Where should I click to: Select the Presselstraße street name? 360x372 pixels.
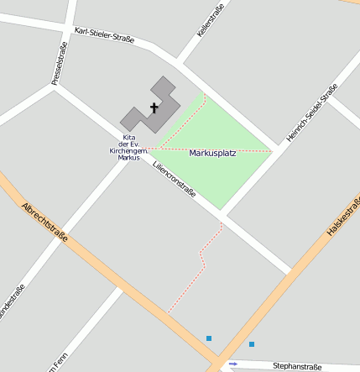[x=58, y=65]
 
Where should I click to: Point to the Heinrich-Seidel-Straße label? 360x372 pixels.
[x=311, y=112]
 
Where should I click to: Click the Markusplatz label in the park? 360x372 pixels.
[x=213, y=153]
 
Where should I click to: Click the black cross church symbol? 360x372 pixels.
[x=154, y=107]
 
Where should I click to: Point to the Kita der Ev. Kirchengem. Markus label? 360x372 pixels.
[x=128, y=147]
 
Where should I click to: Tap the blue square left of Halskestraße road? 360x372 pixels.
[x=209, y=338]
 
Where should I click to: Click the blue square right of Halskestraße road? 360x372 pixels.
[x=251, y=344]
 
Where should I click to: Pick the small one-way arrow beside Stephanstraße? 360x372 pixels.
[x=233, y=364]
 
